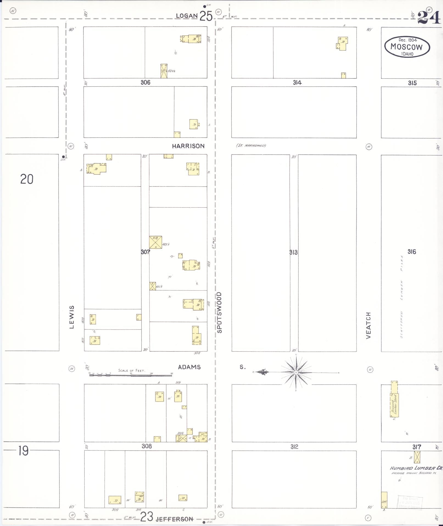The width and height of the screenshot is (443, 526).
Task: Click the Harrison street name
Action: point(188,146)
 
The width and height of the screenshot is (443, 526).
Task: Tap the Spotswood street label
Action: point(219,313)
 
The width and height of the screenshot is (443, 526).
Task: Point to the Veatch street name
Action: point(368,325)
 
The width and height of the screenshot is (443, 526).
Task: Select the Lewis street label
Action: point(72,317)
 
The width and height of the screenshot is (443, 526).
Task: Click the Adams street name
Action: point(189,367)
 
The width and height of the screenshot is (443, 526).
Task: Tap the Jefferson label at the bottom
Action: point(174,519)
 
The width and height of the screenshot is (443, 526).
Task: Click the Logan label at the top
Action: point(187,16)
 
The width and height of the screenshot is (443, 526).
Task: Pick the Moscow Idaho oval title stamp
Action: point(407,47)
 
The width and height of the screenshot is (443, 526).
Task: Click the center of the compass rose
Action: point(296,373)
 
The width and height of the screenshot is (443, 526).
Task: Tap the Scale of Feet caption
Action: point(132,370)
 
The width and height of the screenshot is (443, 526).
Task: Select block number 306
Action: point(145,82)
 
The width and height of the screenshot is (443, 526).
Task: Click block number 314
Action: point(297,82)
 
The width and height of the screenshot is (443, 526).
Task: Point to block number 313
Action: point(293,252)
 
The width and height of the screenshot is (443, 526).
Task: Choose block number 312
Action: point(294,447)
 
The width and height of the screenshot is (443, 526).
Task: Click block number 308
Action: point(146,446)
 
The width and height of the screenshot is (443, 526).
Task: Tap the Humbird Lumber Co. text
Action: point(416,468)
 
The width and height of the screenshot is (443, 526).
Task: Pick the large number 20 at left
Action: point(27,179)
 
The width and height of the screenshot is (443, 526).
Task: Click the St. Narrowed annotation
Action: point(251,145)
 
